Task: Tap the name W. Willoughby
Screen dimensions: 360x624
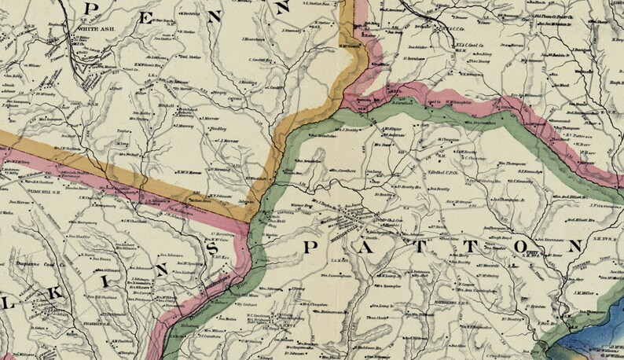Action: tap(452, 101)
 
